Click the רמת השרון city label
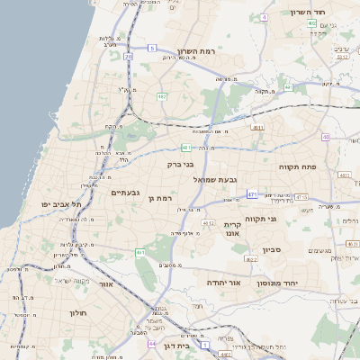point(199,51)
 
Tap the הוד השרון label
point(312,12)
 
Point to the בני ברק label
point(181,165)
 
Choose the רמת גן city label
point(158,198)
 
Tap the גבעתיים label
point(125,193)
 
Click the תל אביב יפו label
point(61,204)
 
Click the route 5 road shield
point(153,48)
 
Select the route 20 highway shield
point(129,56)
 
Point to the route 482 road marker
point(161,96)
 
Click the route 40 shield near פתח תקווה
point(325,137)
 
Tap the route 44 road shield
point(153,343)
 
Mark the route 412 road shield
point(208,223)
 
